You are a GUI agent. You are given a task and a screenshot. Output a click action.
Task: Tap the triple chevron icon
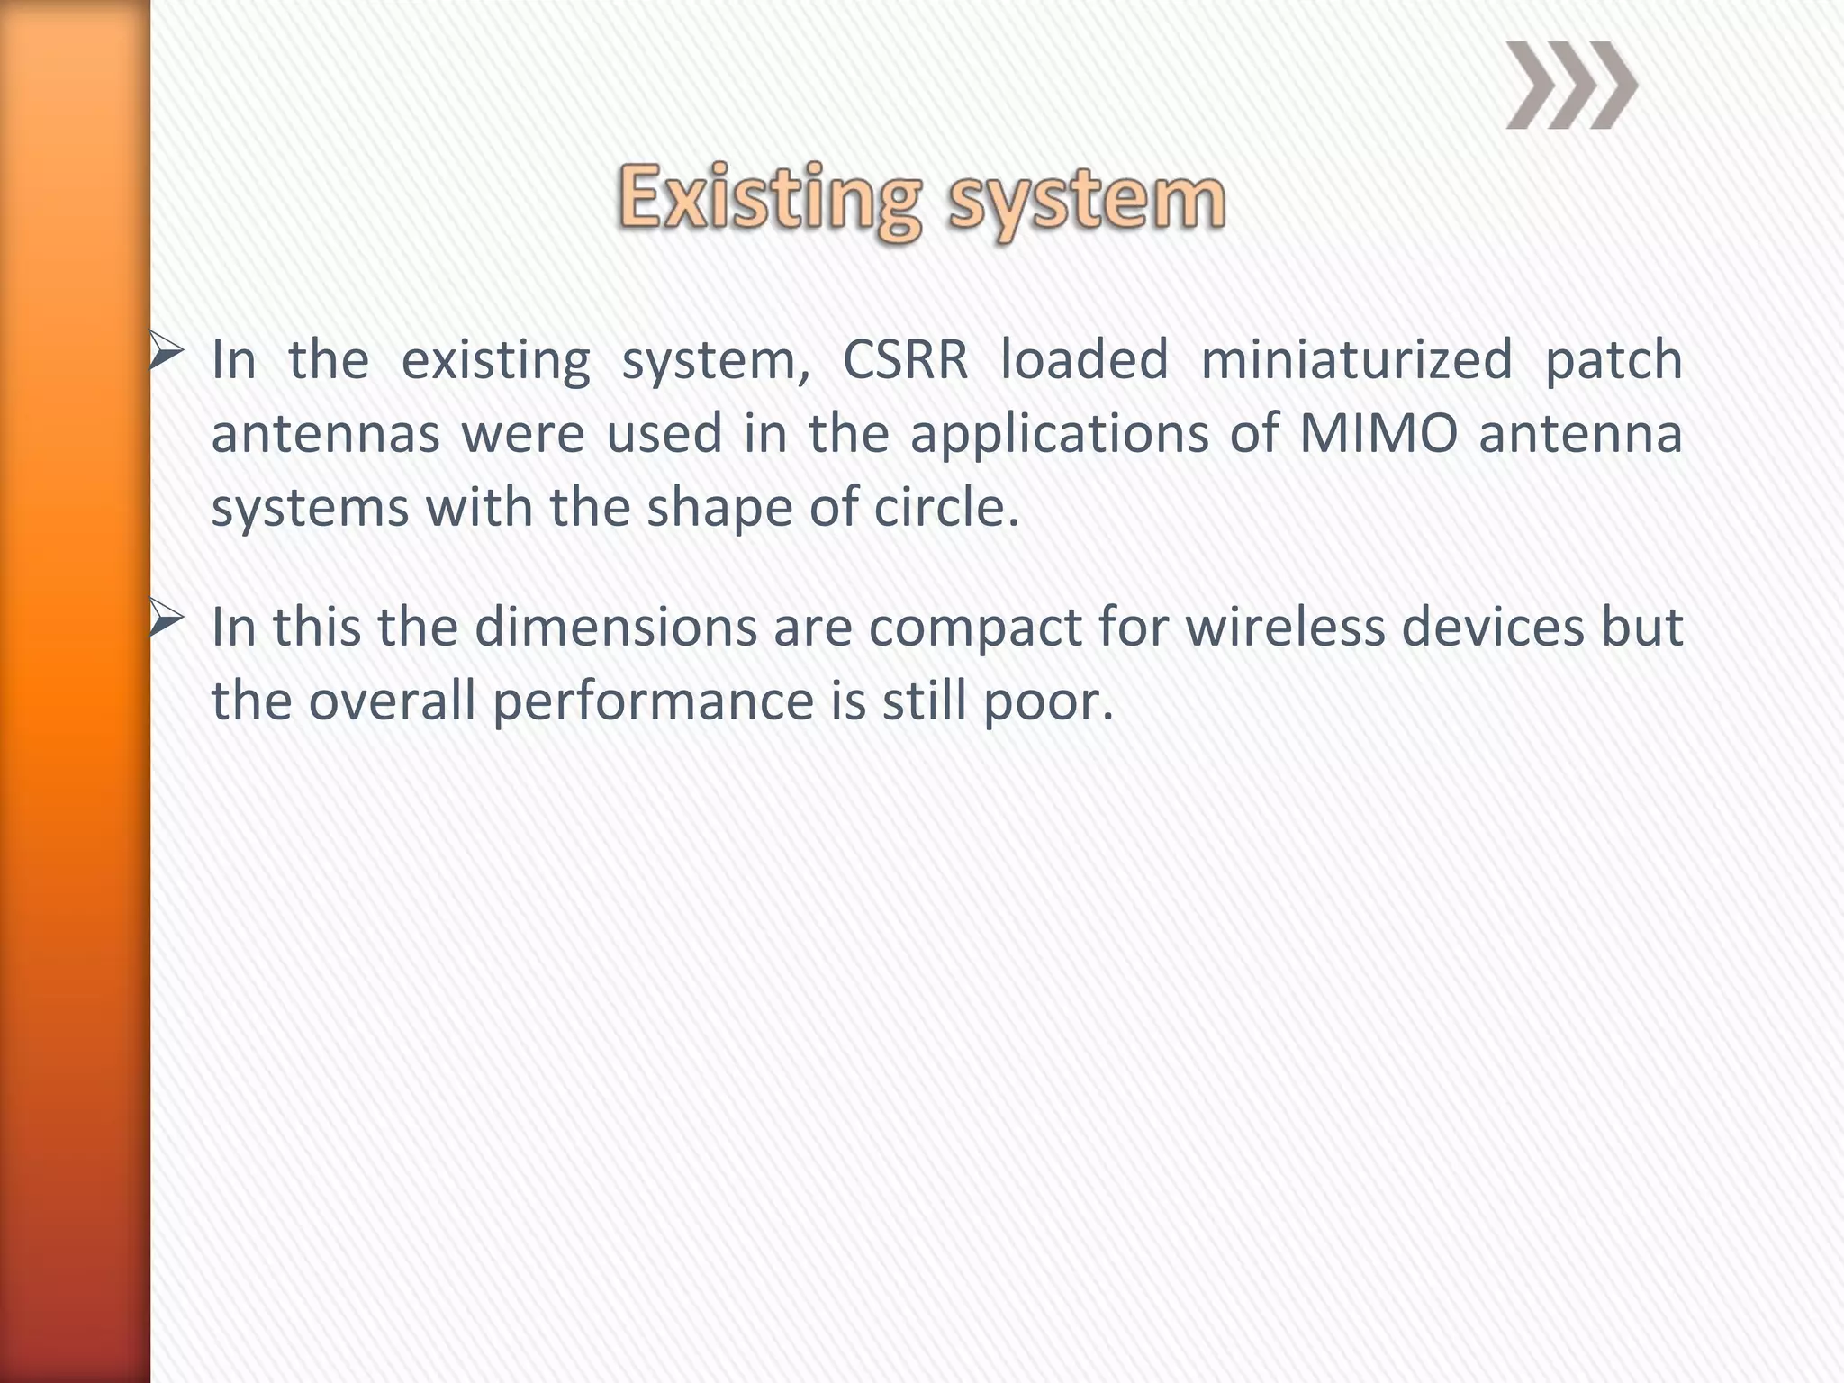1571,86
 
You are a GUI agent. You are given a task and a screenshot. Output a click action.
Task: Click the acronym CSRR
905,360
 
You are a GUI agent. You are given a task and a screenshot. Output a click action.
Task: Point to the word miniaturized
1356,360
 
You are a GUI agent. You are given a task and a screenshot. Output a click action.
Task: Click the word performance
653,702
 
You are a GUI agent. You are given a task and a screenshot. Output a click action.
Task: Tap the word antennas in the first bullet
325,435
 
